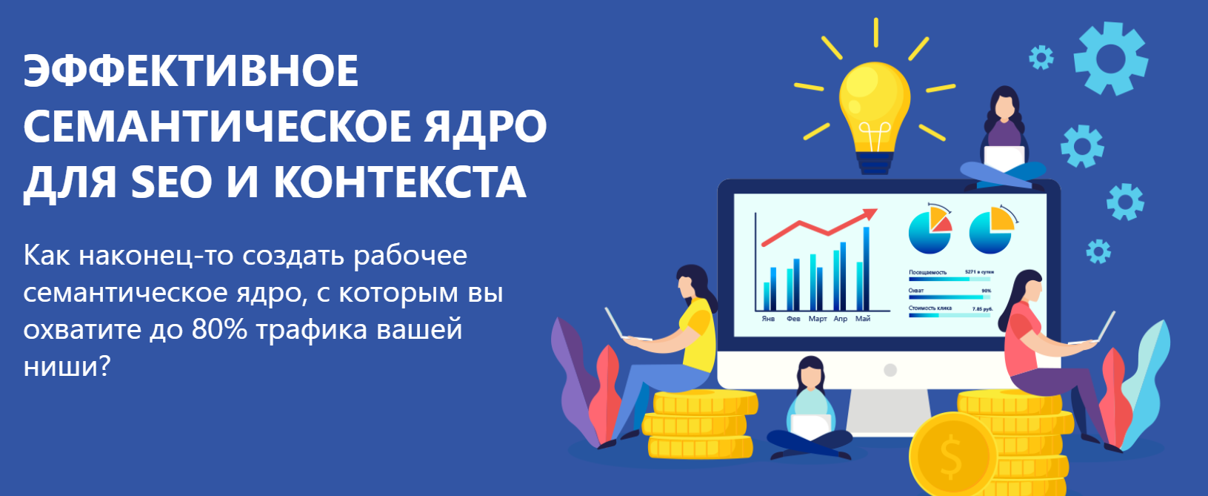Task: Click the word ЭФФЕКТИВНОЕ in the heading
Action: point(191,72)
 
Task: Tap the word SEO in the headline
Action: point(172,183)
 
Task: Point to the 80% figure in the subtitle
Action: point(219,329)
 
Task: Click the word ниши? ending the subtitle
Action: point(67,366)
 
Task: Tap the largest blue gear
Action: point(1110,59)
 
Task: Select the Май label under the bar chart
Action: point(863,319)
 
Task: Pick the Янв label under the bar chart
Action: point(769,319)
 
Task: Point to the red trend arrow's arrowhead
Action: point(870,215)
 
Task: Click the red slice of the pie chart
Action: point(942,225)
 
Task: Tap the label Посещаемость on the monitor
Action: point(927,273)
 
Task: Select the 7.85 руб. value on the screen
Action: point(982,308)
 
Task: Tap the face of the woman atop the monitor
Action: point(1004,108)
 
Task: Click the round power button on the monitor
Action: point(890,370)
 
